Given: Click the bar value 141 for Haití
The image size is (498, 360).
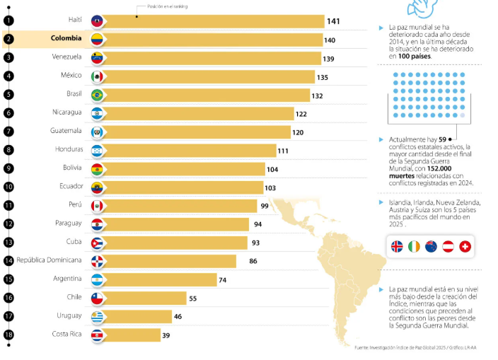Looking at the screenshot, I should click(332, 21).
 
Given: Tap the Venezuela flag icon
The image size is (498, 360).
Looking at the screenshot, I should click(98, 58).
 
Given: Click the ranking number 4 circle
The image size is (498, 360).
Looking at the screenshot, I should click(8, 76).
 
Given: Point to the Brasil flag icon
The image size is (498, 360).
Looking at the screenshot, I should click(98, 95).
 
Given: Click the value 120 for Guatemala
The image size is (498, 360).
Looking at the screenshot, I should click(298, 132).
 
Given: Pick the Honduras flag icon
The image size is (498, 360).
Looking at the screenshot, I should click(98, 150).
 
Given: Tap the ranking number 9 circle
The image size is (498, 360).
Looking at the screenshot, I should click(8, 168).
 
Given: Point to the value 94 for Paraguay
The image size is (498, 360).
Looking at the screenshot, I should click(257, 224).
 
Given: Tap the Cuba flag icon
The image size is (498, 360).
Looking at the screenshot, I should click(98, 243).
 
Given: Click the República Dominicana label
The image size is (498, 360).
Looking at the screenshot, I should click(50, 260).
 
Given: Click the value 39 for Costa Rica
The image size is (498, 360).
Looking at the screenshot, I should click(166, 335).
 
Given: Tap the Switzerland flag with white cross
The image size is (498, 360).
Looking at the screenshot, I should click(465, 246).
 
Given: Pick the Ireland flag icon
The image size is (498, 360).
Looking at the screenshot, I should click(414, 246).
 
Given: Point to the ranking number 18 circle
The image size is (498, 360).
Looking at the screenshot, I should click(8, 335).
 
